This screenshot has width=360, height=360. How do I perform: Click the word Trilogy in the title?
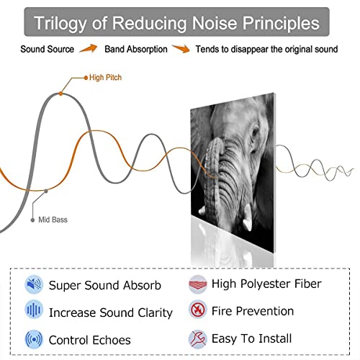pos(60,24)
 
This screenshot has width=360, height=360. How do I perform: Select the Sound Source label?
pos(47,49)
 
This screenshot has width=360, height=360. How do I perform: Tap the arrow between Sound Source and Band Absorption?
pos(89,48)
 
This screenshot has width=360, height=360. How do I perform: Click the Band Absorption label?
pos(136,49)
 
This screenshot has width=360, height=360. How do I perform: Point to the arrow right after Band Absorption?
pos(181,48)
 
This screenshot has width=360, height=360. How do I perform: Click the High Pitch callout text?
pos(105,78)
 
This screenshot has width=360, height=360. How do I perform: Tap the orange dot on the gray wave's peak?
pos(60,94)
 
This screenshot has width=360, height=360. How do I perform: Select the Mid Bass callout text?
pos(53,220)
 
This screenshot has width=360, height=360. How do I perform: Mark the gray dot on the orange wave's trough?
pos(46,191)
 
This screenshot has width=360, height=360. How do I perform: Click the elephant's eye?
pos(255,132)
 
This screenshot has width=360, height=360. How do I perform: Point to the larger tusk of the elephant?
pos(247,218)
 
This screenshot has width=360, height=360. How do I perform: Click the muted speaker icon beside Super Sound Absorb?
pos(34,284)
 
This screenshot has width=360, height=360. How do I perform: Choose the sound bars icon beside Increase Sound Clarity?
pos(34,310)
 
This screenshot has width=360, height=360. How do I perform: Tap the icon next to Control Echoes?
pos(34,340)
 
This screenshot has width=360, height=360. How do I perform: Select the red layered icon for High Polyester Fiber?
pos(197,284)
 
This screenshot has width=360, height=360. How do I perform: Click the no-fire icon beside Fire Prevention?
pos(197,310)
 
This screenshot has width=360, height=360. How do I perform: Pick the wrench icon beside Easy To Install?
pos(197,339)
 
